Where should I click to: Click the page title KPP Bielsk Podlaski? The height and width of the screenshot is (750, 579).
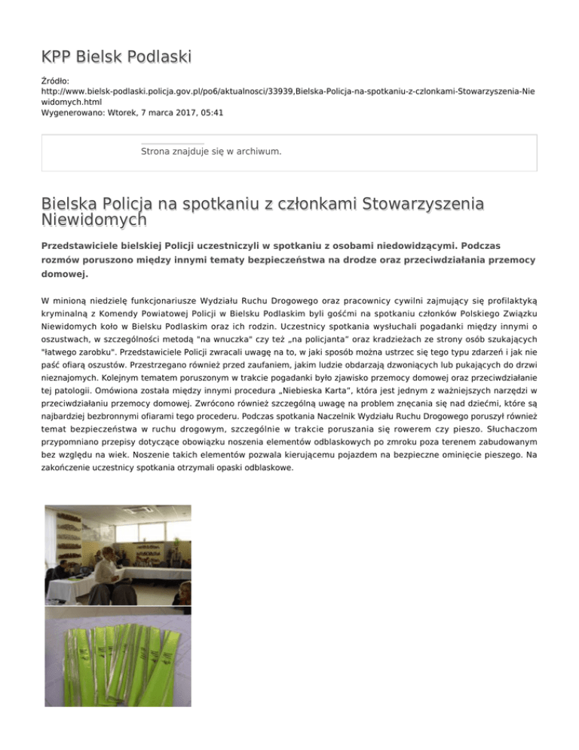116,57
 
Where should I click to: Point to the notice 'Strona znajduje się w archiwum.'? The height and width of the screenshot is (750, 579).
211,152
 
